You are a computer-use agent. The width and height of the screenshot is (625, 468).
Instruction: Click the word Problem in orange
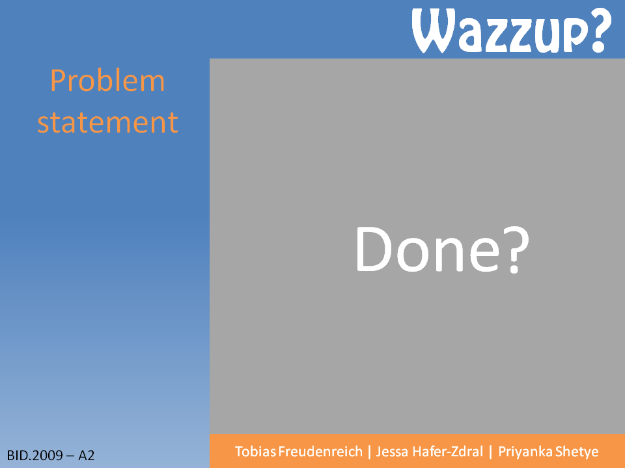pos(107,81)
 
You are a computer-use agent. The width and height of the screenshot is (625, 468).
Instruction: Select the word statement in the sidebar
pos(107,122)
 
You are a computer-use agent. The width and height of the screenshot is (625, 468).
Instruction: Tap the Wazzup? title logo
pos(512,31)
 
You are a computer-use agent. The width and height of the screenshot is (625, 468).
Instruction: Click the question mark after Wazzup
pos(600,31)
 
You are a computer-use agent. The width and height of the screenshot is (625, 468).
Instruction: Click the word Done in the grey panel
pos(428,250)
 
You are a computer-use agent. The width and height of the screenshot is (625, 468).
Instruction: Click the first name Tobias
pos(255,452)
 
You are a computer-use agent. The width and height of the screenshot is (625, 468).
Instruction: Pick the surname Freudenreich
pos(320,452)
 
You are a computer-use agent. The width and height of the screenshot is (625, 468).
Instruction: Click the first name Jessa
pos(392,452)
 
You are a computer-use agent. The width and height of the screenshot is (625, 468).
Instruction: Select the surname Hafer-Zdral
pos(448,452)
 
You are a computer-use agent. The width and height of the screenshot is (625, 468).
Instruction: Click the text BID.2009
pos(35,455)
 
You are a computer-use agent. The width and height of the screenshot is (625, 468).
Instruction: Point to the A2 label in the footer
pos(87,455)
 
